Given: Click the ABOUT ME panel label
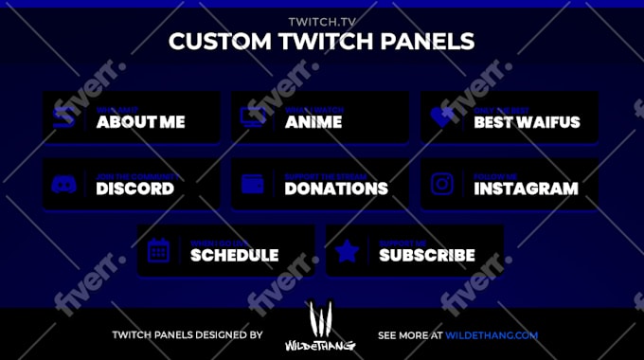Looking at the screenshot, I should coord(140,121).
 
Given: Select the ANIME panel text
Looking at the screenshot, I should coord(313,121).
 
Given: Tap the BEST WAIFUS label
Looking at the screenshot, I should coord(527,121).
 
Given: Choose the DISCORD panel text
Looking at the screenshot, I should coord(134,188).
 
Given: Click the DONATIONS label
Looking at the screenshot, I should coord(336,188).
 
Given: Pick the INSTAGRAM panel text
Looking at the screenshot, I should coord(526,188).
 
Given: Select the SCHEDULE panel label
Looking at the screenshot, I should coord(234,254).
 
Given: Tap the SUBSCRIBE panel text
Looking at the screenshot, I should coord(427,254).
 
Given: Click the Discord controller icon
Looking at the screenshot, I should coord(63,184).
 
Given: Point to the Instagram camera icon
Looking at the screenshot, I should coord(442,184).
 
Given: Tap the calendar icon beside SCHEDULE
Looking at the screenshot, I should coord(158,250).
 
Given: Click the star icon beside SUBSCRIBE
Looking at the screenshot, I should coord(348,250).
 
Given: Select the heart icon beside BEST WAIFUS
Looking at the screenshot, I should coord(441,117).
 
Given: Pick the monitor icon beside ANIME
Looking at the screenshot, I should coord(253,117).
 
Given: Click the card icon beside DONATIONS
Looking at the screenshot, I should coord(253,184).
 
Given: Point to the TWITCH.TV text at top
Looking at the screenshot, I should coord(321,21).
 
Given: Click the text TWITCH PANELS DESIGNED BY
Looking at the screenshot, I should coord(187,334).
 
